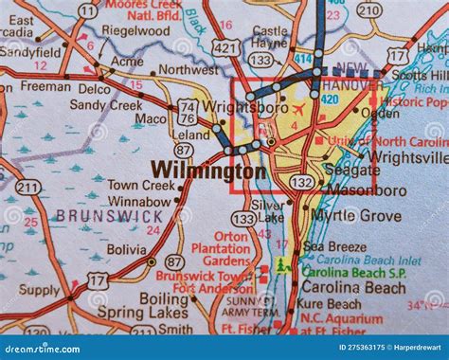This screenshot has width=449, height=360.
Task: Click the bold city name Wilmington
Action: pyautogui.click(x=208, y=171)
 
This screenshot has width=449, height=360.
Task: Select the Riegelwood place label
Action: pyautogui.click(x=136, y=30)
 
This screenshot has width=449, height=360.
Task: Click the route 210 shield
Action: pyautogui.click(x=368, y=11)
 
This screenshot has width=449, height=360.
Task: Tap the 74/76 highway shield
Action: pyautogui.click(x=186, y=111)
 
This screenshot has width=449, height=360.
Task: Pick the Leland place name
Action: pyautogui.click(x=191, y=135)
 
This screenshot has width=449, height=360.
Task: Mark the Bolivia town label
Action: pyautogui.click(x=126, y=249)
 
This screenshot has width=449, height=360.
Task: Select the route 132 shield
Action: pyautogui.click(x=301, y=181)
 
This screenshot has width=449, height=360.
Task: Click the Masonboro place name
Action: pyautogui.click(x=367, y=190)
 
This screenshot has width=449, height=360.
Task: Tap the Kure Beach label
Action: pyautogui.click(x=329, y=304)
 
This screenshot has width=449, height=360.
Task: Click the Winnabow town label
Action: pyautogui.click(x=138, y=201)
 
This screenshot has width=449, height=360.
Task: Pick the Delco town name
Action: pyautogui.click(x=98, y=89)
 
